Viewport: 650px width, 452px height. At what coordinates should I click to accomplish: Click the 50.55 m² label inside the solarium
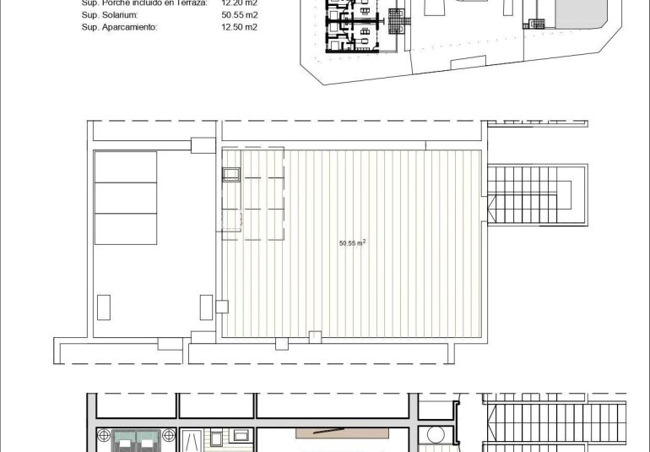(352, 242)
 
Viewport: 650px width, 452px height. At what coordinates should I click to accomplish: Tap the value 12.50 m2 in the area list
(239, 27)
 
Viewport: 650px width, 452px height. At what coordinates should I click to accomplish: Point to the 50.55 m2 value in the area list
(239, 14)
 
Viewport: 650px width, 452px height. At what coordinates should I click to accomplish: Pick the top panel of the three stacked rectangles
(127, 167)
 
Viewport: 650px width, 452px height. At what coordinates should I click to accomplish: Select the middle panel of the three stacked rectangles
(127, 198)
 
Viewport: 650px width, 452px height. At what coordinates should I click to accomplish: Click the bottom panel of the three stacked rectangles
(127, 228)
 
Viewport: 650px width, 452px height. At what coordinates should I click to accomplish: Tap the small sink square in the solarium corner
(231, 175)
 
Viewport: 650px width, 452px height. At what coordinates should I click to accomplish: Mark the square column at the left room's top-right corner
(203, 145)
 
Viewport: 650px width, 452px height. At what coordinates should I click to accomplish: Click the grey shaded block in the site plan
(578, 16)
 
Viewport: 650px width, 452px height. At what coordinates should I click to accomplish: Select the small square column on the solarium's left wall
(221, 305)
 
